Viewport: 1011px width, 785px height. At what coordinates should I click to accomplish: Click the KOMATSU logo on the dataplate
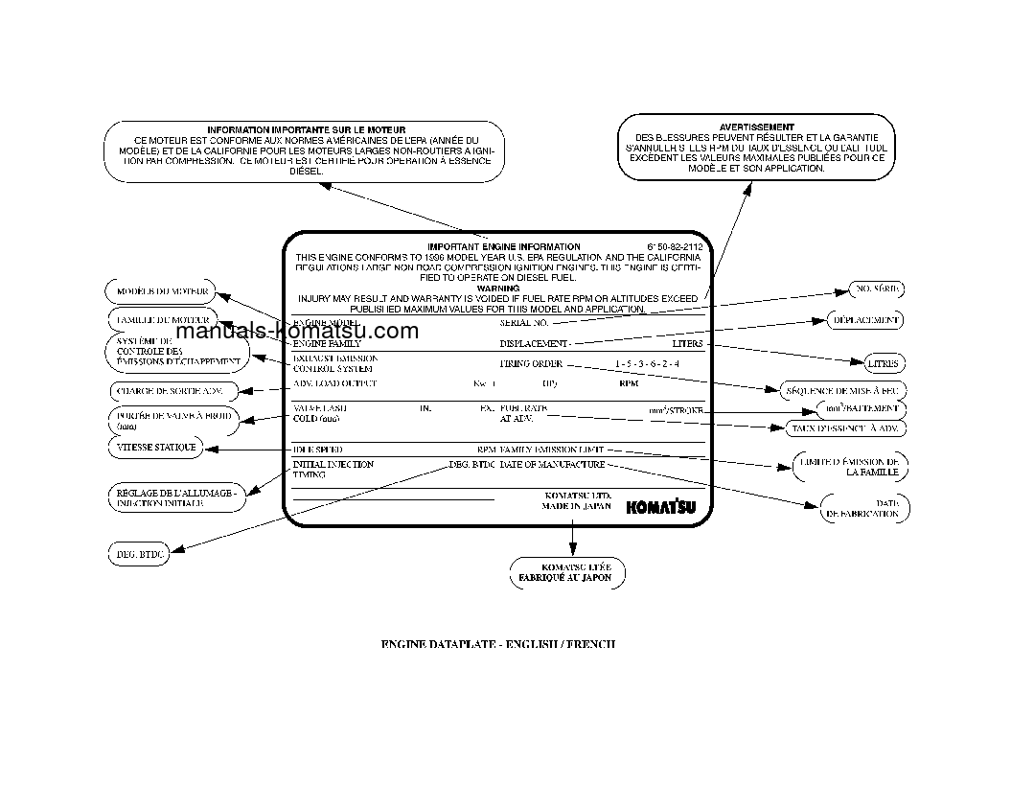(660, 508)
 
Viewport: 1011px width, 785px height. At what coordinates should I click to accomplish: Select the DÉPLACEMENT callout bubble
(865, 320)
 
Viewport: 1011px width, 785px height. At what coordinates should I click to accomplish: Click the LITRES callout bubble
(882, 364)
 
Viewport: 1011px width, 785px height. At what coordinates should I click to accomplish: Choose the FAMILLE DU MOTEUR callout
(161, 318)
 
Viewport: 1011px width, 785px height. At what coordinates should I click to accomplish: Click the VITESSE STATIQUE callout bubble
(157, 448)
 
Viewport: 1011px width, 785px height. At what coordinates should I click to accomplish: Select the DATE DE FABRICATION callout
(864, 508)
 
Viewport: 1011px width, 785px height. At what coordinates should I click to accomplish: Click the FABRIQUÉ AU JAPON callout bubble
(566, 572)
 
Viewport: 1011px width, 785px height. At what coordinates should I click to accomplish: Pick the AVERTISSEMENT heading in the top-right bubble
(756, 127)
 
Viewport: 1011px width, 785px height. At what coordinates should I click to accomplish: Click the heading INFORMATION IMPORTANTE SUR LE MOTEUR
(306, 129)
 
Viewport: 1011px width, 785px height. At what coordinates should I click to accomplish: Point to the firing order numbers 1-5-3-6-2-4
(647, 364)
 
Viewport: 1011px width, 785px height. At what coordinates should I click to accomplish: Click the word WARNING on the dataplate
(497, 288)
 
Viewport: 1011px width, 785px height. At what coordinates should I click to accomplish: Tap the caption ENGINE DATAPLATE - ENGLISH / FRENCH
(498, 644)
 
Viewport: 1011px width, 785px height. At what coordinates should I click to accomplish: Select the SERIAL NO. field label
(523, 324)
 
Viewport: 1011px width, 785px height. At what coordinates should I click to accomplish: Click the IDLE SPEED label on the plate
(317, 450)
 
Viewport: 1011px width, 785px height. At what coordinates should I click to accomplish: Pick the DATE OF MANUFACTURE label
(552, 465)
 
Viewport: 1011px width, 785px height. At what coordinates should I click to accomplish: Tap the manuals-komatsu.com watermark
(298, 332)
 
